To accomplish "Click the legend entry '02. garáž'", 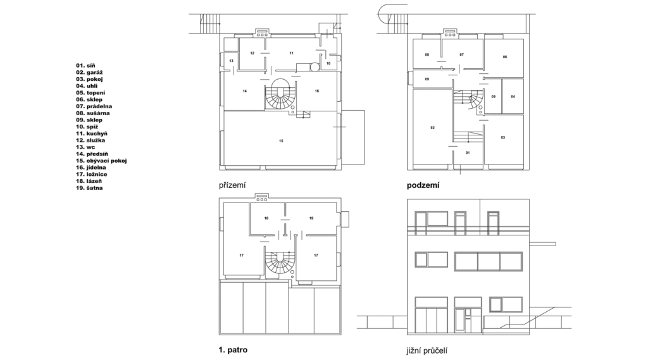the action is click(x=89, y=72).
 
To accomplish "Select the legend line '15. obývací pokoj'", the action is click(x=101, y=161).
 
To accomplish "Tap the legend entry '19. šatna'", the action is click(x=89, y=188).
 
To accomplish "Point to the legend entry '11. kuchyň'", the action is click(x=92, y=133).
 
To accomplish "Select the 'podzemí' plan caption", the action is click(x=423, y=185).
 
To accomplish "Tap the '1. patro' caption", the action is click(x=233, y=350).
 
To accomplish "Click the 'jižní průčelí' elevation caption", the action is click(x=427, y=351).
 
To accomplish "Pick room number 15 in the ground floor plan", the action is click(x=281, y=141).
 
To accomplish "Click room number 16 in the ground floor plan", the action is click(x=317, y=91).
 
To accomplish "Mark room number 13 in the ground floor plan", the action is click(x=232, y=61).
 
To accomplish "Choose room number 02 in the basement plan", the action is click(x=433, y=128).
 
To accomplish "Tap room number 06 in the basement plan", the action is click(x=504, y=57).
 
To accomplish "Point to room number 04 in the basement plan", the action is click(x=513, y=97).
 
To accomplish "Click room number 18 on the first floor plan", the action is click(x=266, y=218).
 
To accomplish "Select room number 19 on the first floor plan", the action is click(x=311, y=218).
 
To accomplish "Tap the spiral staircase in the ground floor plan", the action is click(x=280, y=94).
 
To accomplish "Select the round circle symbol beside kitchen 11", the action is click(x=315, y=66).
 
